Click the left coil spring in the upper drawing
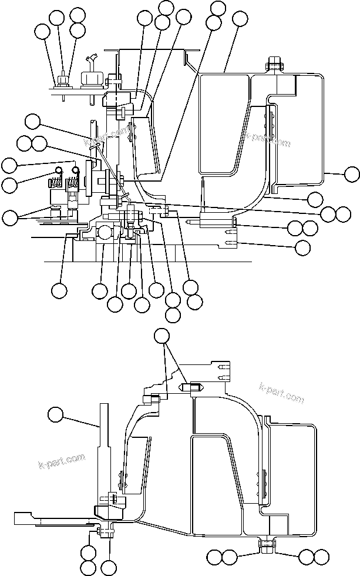[59, 178]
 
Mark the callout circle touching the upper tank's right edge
[351, 173]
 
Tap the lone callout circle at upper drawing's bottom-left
[59, 290]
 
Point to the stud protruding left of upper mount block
[192, 222]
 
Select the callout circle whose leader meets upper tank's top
[240, 18]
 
